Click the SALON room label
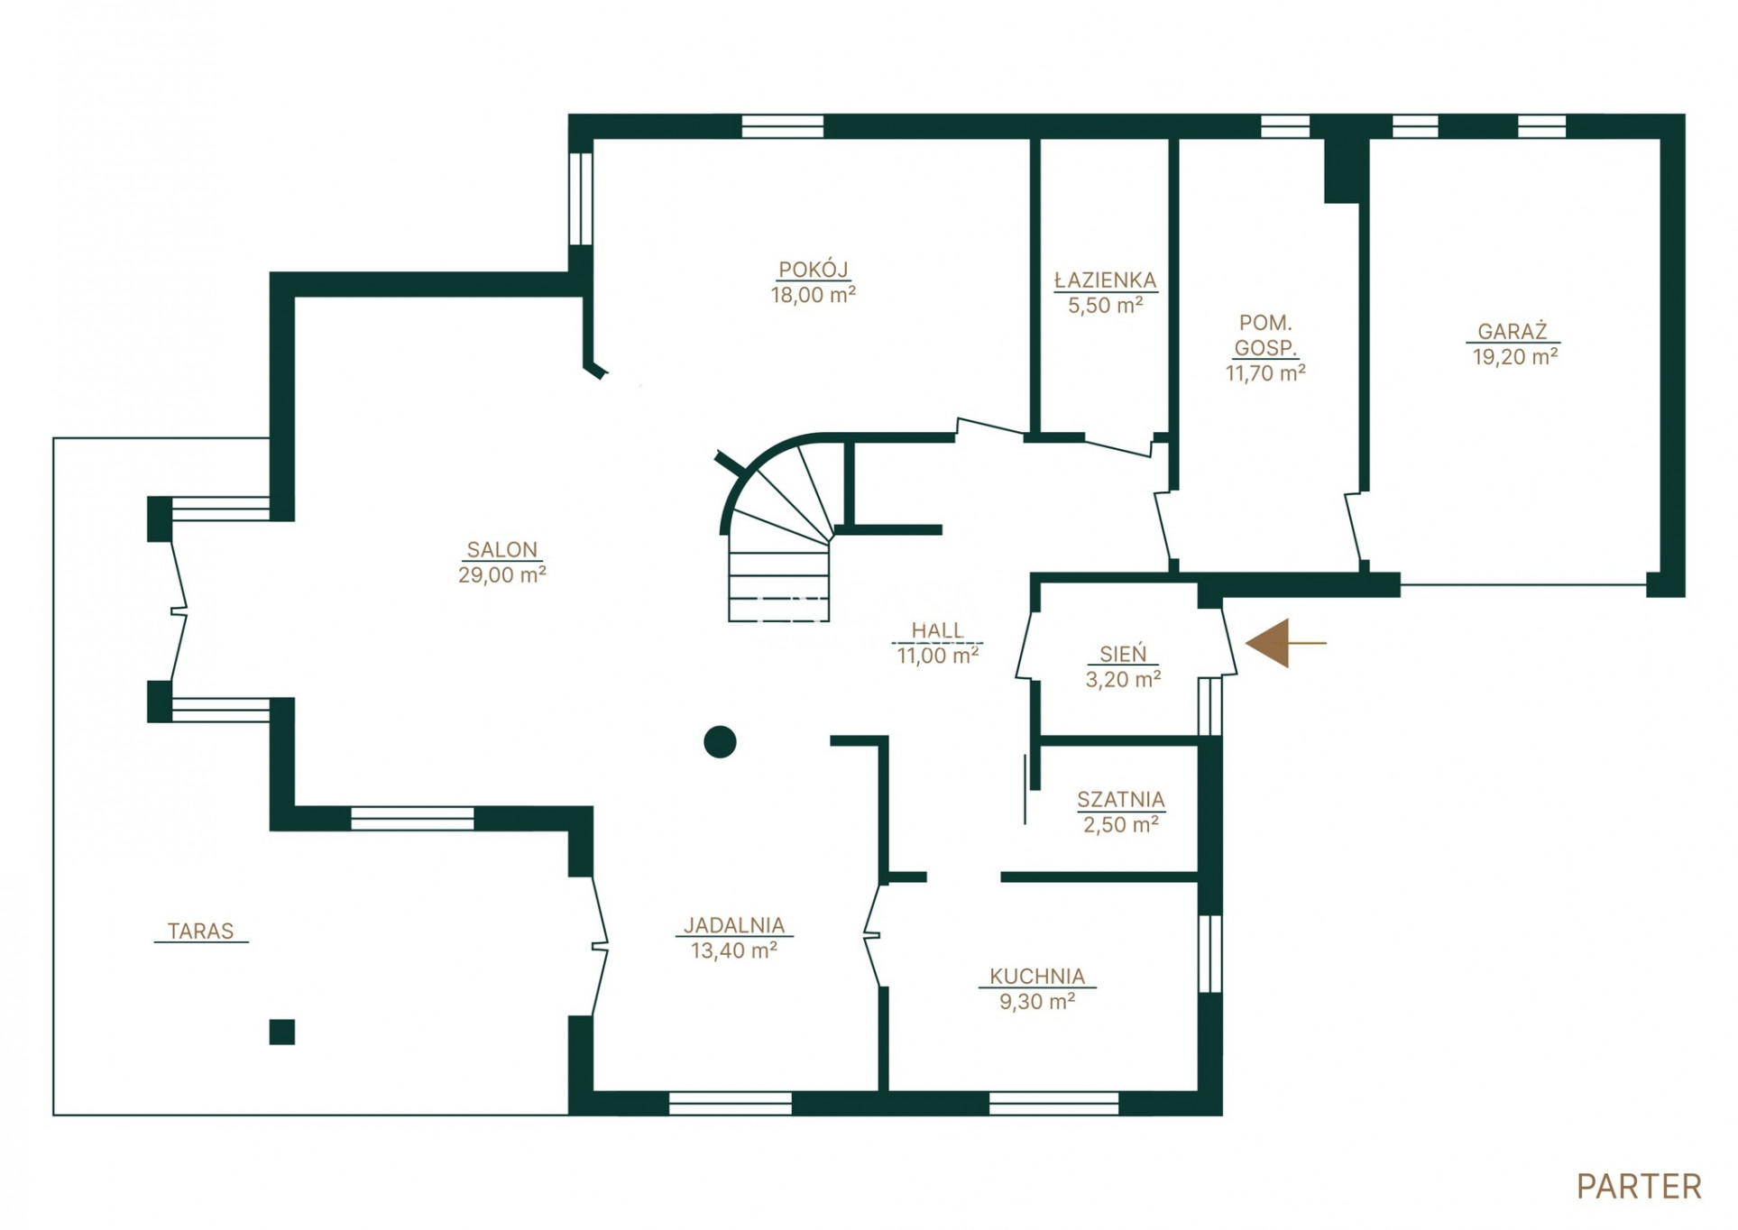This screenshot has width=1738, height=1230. click(x=501, y=549)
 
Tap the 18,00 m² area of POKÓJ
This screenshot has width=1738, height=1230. click(x=813, y=295)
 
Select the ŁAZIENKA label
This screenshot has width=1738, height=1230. click(x=1105, y=280)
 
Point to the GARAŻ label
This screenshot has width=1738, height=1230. click(x=1513, y=331)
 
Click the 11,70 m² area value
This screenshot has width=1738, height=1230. click(x=1265, y=372)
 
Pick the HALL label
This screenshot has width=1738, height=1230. click(x=937, y=630)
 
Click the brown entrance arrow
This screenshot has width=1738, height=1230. click(x=1285, y=643)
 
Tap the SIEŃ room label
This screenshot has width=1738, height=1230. click(x=1123, y=653)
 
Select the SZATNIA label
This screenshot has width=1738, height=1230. click(x=1120, y=800)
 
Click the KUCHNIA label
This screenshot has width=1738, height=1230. click(x=1037, y=977)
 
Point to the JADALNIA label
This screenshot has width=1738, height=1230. click(x=734, y=925)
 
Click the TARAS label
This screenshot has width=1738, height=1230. click(x=200, y=931)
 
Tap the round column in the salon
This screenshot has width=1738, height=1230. click(x=720, y=741)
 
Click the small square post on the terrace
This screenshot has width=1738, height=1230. click(x=282, y=1032)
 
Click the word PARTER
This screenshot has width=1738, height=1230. click(x=1639, y=1187)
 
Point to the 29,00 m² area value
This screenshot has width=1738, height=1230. click(x=501, y=575)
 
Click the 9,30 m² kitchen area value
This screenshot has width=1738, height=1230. click(x=1037, y=1002)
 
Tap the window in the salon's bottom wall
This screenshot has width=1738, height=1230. click(x=412, y=819)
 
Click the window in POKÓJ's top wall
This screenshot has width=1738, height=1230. click(x=782, y=126)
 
